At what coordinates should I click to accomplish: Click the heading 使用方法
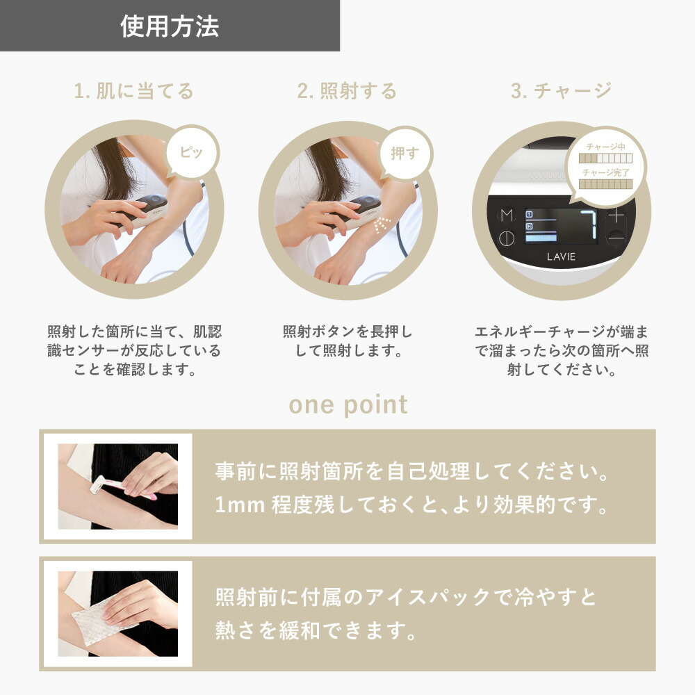tap(170, 26)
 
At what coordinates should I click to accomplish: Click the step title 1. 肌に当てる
tap(134, 91)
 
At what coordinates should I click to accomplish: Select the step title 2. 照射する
tap(347, 91)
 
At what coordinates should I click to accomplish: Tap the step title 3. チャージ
tap(561, 91)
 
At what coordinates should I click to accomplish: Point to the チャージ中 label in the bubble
tap(605, 147)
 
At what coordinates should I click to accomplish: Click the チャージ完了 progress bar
tap(605, 183)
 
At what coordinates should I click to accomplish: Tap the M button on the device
tap(506, 215)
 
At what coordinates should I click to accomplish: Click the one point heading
tap(347, 404)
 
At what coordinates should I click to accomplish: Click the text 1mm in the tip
tap(236, 505)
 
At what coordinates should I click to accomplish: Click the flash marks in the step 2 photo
tap(382, 225)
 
